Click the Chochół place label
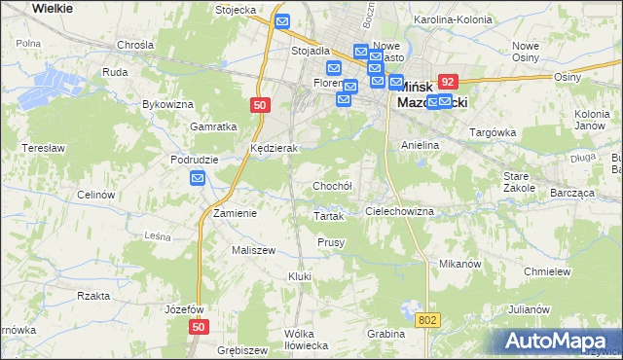coord(331,186)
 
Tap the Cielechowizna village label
coord(399,211)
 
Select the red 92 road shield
coord(448,84)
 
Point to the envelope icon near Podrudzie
coord(198,178)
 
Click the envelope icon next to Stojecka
coord(282,21)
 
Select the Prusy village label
coord(331,242)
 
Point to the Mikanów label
coord(461,264)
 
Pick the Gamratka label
coord(215,127)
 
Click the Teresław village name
coord(43,149)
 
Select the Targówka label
coord(493,131)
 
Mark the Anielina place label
coord(421,145)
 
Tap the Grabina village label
coord(385,334)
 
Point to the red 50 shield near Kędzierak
coord(259,106)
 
